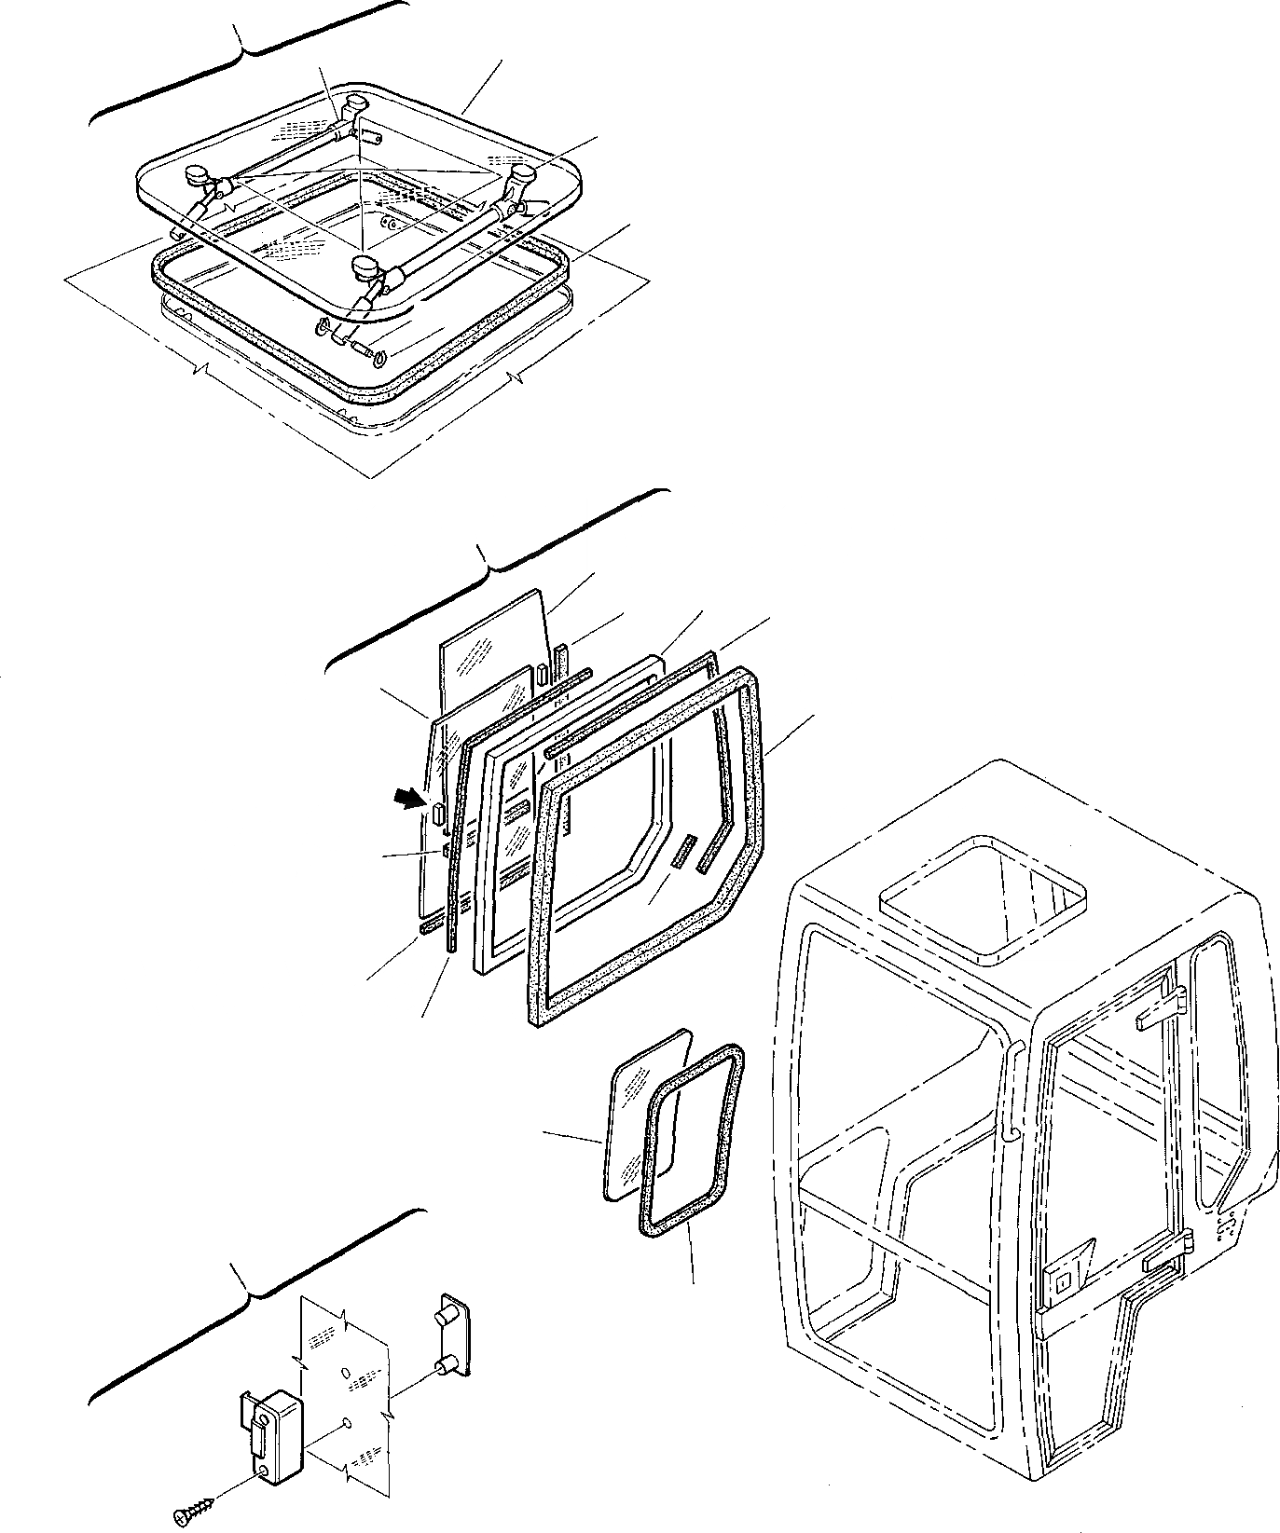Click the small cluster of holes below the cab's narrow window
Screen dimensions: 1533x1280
pos(1226,1228)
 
